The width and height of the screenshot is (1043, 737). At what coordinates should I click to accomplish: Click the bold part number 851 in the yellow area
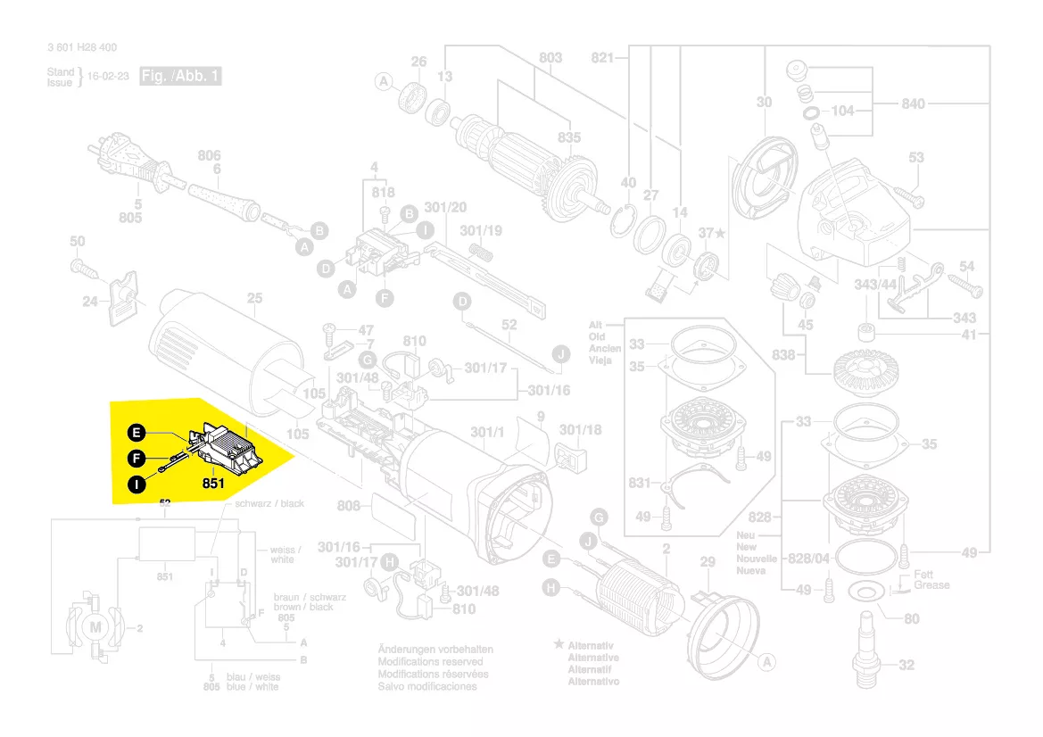click(x=212, y=484)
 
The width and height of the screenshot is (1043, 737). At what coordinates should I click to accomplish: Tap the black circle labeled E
click(x=136, y=434)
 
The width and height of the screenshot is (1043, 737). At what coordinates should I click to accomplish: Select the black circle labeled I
click(x=136, y=485)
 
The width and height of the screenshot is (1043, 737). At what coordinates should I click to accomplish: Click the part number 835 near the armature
click(x=569, y=137)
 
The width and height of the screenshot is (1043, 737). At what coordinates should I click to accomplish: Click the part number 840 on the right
click(x=914, y=104)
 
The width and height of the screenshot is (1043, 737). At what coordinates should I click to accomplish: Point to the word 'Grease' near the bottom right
click(x=931, y=585)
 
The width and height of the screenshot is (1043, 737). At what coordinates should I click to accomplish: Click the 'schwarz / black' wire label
click(x=269, y=504)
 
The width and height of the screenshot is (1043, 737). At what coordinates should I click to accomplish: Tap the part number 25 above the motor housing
click(x=255, y=299)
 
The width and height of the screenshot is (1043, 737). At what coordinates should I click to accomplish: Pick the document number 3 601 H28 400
click(x=82, y=48)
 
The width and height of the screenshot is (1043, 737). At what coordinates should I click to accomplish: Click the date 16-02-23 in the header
click(x=109, y=78)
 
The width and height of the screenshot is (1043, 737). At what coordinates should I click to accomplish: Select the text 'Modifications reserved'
click(x=430, y=662)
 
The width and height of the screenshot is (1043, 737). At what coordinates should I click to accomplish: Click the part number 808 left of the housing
click(x=349, y=507)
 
